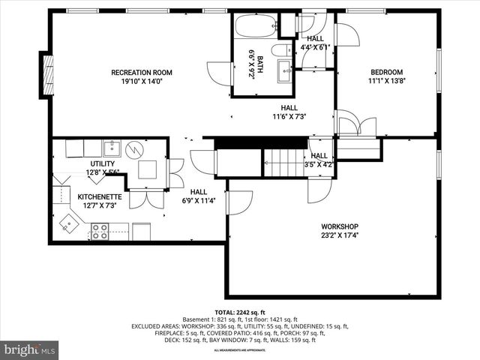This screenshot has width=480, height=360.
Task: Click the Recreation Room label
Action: point(142,73)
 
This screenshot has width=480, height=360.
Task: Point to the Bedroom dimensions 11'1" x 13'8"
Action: point(387,83)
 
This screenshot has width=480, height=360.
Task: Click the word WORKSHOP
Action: point(340,226)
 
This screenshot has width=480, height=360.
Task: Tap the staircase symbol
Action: point(283,159)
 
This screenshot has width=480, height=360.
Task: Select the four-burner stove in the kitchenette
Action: point(99,231)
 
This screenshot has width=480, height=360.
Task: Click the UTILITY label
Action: point(102,163)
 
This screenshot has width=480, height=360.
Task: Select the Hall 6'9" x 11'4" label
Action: point(198,196)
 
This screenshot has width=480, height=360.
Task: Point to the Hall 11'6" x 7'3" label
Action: point(283,112)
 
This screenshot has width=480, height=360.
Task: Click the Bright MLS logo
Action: point(30,349)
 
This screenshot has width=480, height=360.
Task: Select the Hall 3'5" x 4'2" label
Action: point(319,159)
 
